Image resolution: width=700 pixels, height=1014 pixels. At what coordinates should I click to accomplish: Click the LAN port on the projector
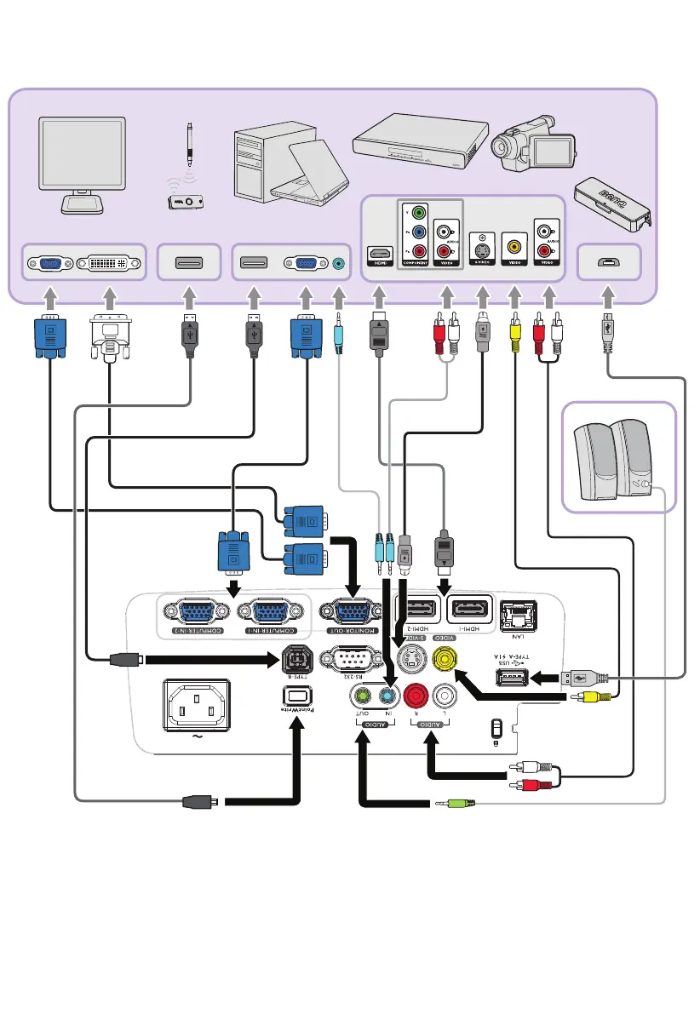click(516, 613)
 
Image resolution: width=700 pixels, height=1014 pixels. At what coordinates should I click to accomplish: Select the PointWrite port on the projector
click(292, 696)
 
